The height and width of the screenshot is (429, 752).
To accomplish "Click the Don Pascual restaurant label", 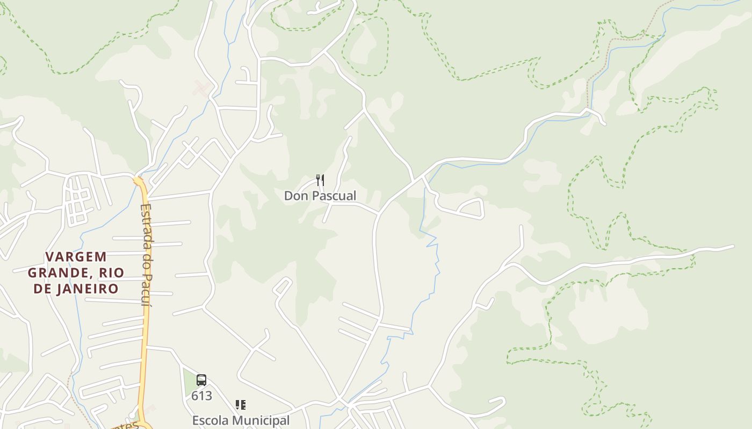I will pos(320,196).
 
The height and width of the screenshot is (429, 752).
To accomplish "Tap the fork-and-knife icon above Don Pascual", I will pos(320,180).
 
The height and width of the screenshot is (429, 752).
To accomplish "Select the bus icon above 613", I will pos(201,380).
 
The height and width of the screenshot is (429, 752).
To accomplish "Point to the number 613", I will pos(201,396).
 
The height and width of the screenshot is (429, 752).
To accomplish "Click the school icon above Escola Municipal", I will pos(241,405).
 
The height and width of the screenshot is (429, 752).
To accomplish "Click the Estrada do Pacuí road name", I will pos(146,255).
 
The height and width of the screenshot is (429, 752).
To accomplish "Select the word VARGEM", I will pos(76,257).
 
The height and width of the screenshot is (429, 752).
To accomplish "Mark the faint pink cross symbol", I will pos(201,87).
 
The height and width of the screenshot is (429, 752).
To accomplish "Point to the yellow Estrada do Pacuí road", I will pos(143,332).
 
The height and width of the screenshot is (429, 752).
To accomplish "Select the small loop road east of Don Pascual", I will pos(472,208).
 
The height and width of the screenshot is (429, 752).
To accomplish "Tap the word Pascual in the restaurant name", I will pos(334,196).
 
